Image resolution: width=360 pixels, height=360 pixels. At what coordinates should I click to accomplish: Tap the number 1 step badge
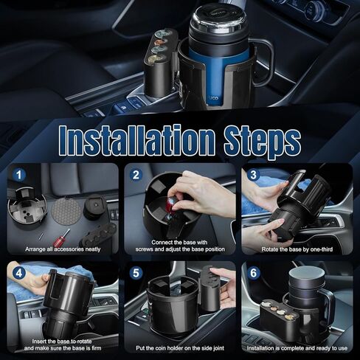[x=18, y=176]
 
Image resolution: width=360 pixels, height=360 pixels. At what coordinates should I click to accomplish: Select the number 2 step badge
[x=136, y=176]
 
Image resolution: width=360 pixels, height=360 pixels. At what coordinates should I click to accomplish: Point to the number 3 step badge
[x=253, y=176]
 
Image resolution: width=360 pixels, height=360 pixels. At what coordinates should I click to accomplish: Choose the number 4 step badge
[x=18, y=273]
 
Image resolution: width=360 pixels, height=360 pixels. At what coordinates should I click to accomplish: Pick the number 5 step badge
[x=136, y=273]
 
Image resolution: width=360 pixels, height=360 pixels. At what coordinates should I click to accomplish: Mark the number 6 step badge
[x=253, y=273]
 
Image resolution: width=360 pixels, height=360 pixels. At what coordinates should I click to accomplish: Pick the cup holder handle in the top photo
[x=263, y=70]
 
